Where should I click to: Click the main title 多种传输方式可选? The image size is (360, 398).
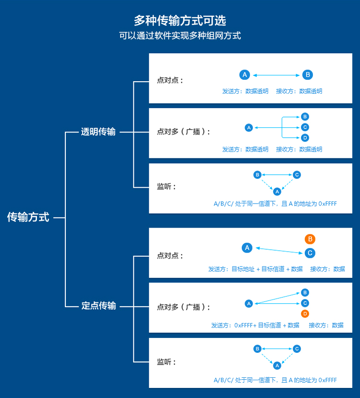pyautogui.click(x=180, y=21)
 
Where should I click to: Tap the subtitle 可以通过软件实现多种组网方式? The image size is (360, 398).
pyautogui.click(x=180, y=36)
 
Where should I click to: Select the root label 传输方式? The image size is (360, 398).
pyautogui.click(x=28, y=217)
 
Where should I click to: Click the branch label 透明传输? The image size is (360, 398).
pyautogui.click(x=98, y=132)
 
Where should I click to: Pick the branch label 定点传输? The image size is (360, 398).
pyautogui.click(x=98, y=306)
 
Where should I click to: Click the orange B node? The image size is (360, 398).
pyautogui.click(x=310, y=239)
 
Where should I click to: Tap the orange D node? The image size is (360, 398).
pyautogui.click(x=305, y=314)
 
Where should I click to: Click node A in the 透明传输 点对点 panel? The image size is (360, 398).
pyautogui.click(x=245, y=75)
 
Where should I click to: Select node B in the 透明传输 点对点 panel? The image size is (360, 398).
pyautogui.click(x=308, y=75)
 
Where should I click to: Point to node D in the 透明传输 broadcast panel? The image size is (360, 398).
pyautogui.click(x=305, y=138)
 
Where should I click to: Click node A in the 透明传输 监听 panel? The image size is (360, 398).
pyautogui.click(x=277, y=191)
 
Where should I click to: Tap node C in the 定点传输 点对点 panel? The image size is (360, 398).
pyautogui.click(x=310, y=253)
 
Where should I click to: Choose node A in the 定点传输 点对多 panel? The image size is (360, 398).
pyautogui.click(x=249, y=303)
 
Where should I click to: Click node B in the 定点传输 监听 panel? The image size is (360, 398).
pyautogui.click(x=257, y=349)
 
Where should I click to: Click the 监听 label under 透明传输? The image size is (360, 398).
pyautogui.click(x=167, y=187)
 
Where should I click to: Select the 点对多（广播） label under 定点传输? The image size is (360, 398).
pyautogui.click(x=183, y=307)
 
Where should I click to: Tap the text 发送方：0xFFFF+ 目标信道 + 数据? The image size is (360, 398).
pyautogui.click(x=255, y=325)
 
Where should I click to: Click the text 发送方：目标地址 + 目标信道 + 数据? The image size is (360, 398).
pyautogui.click(x=256, y=269)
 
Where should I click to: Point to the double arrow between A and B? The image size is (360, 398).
pyautogui.click(x=276, y=75)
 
